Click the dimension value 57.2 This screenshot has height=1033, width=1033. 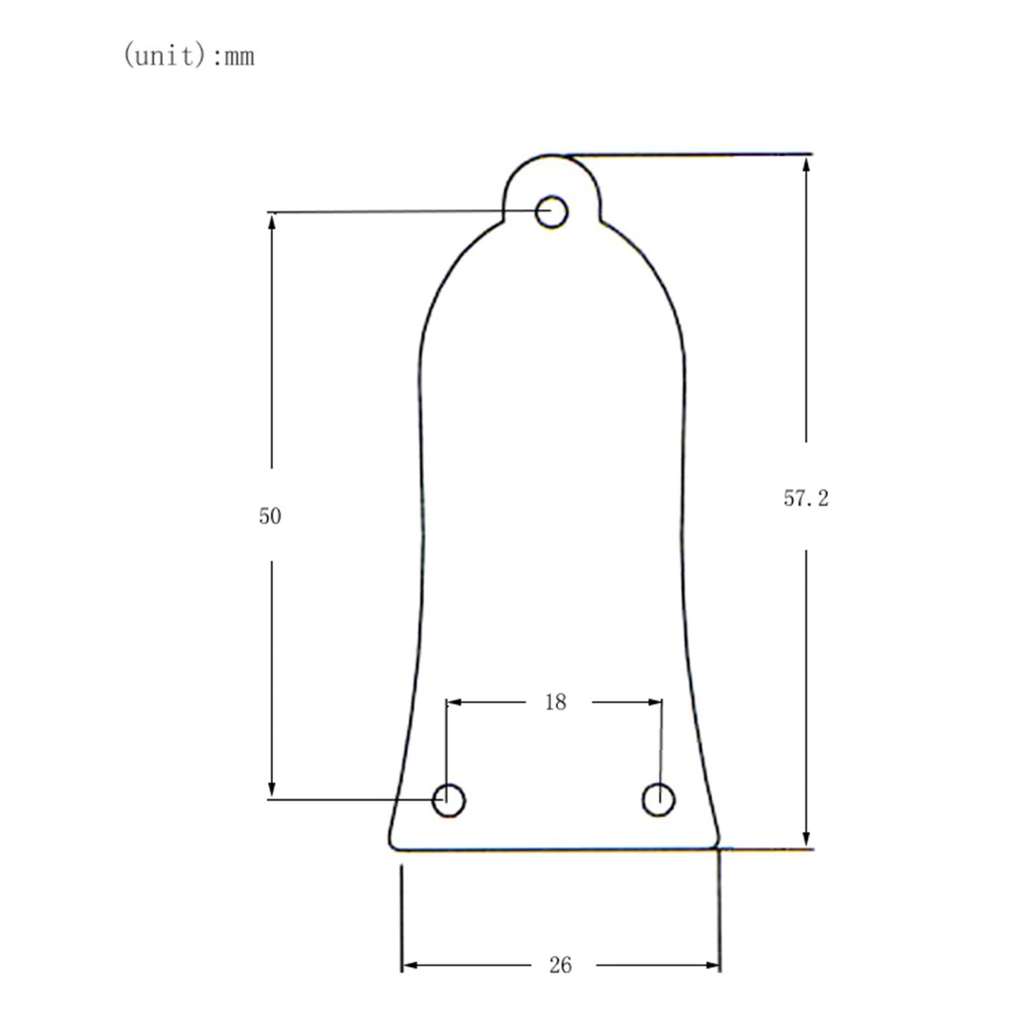click(806, 498)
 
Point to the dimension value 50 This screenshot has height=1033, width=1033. click(270, 515)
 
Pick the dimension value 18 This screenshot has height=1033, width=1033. click(555, 702)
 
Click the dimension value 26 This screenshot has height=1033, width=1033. click(560, 965)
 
